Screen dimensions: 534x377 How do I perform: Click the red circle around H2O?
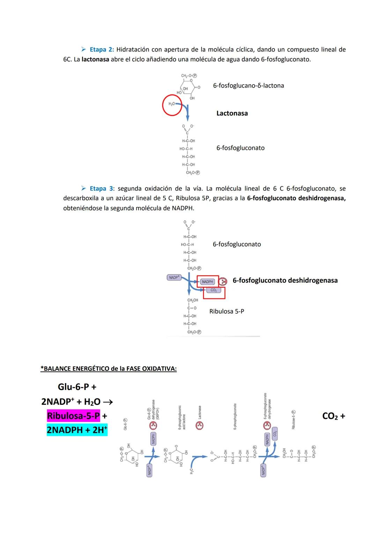172,105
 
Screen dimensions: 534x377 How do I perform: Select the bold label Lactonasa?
232,113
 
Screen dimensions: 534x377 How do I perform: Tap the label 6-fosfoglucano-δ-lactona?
248,86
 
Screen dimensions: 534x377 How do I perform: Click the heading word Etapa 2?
102,50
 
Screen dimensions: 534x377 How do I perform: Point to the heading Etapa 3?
101,189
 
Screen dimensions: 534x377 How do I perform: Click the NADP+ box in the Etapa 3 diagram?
174,277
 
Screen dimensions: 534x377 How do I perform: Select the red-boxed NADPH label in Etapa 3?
208,282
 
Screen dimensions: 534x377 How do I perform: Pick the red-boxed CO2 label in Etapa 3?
214,290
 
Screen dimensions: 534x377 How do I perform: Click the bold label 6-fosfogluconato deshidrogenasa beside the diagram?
285,280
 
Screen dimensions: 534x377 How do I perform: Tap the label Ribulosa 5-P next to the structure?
227,311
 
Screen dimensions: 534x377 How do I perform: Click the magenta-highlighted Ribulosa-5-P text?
73,416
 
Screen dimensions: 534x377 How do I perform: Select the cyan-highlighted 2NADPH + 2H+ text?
77,430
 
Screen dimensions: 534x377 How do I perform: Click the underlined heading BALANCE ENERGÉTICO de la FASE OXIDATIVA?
109,369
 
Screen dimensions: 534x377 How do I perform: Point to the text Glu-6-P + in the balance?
77,387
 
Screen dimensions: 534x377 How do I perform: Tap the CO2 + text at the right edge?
333,416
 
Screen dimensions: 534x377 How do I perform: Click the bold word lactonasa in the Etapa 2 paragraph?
95,59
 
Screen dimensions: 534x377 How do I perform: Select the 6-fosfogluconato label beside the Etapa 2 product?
240,148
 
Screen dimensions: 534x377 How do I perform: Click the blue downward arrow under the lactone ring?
187,112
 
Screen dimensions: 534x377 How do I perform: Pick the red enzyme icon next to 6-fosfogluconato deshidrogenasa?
222,281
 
